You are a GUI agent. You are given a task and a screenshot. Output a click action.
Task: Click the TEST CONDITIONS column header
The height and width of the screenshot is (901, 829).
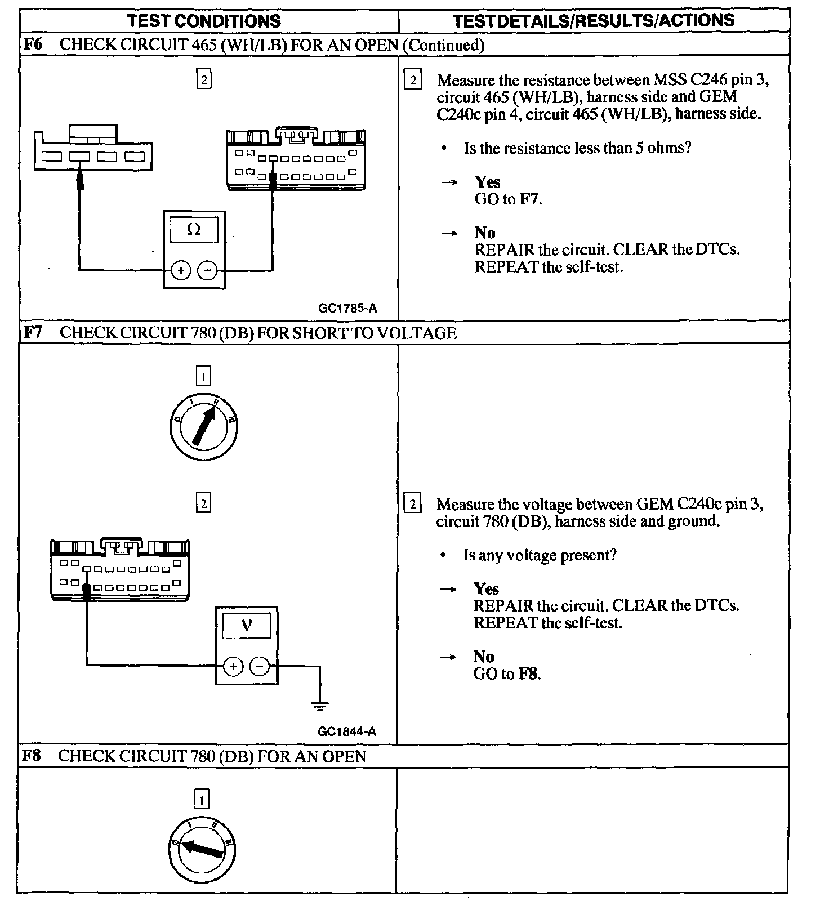click(x=204, y=21)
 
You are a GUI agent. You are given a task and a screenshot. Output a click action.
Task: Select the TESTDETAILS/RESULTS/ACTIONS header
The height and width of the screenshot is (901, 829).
click(x=594, y=21)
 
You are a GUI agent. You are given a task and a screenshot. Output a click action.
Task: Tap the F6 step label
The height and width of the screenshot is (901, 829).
click(x=33, y=44)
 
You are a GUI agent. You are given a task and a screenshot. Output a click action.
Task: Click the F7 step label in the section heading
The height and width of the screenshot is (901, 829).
click(x=33, y=332)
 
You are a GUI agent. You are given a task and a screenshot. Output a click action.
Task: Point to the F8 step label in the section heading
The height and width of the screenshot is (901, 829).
click(x=32, y=756)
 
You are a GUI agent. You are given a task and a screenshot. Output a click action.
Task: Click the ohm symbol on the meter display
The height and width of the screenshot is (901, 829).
click(x=194, y=229)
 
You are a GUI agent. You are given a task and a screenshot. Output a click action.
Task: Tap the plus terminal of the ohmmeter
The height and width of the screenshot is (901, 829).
click(x=181, y=271)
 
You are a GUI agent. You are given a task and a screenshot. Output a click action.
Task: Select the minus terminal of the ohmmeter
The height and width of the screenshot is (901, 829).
click(x=207, y=271)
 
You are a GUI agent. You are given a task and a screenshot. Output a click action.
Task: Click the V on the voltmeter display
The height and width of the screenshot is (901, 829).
click(x=246, y=625)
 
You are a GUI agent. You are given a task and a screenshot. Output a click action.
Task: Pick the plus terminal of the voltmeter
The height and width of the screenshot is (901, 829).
click(x=233, y=667)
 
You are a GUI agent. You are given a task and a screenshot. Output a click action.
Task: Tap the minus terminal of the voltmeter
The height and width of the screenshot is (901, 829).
click(x=259, y=667)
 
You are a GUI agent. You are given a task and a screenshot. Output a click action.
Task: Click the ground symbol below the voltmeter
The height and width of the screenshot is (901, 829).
click(x=320, y=705)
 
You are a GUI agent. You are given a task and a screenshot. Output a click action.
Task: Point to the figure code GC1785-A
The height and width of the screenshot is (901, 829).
click(x=347, y=308)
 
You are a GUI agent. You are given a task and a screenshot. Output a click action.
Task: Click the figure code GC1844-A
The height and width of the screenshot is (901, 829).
click(x=346, y=731)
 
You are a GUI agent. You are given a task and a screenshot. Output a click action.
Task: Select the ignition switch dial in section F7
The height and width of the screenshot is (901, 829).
click(x=203, y=426)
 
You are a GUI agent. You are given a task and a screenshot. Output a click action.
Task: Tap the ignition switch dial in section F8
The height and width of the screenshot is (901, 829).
click(x=202, y=850)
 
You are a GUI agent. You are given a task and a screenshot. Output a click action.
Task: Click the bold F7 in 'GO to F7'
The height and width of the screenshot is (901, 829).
click(x=529, y=199)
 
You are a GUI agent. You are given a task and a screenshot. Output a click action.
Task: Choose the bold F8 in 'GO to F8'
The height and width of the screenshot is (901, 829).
click(x=528, y=674)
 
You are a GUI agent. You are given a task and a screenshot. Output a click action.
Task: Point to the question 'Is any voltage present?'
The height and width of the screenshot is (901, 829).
click(x=540, y=555)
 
